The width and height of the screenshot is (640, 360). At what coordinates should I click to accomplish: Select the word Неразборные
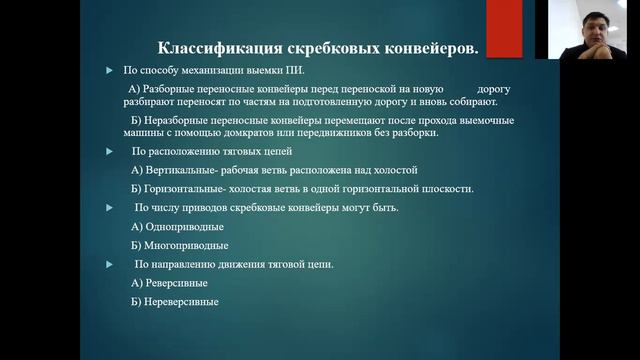click(x=178, y=120)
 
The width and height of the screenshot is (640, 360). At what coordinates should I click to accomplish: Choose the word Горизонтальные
click(x=187, y=189)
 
